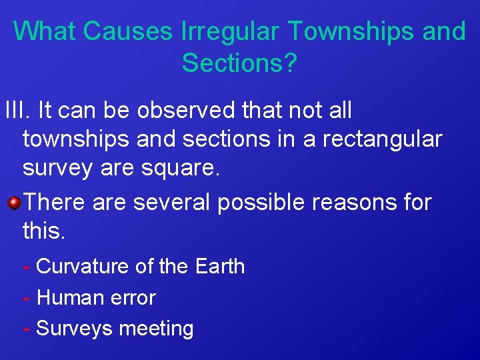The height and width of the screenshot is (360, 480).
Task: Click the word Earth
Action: pos(220,267)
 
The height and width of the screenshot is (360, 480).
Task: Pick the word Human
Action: pos(67,297)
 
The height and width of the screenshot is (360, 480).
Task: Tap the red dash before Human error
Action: pos(25,298)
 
